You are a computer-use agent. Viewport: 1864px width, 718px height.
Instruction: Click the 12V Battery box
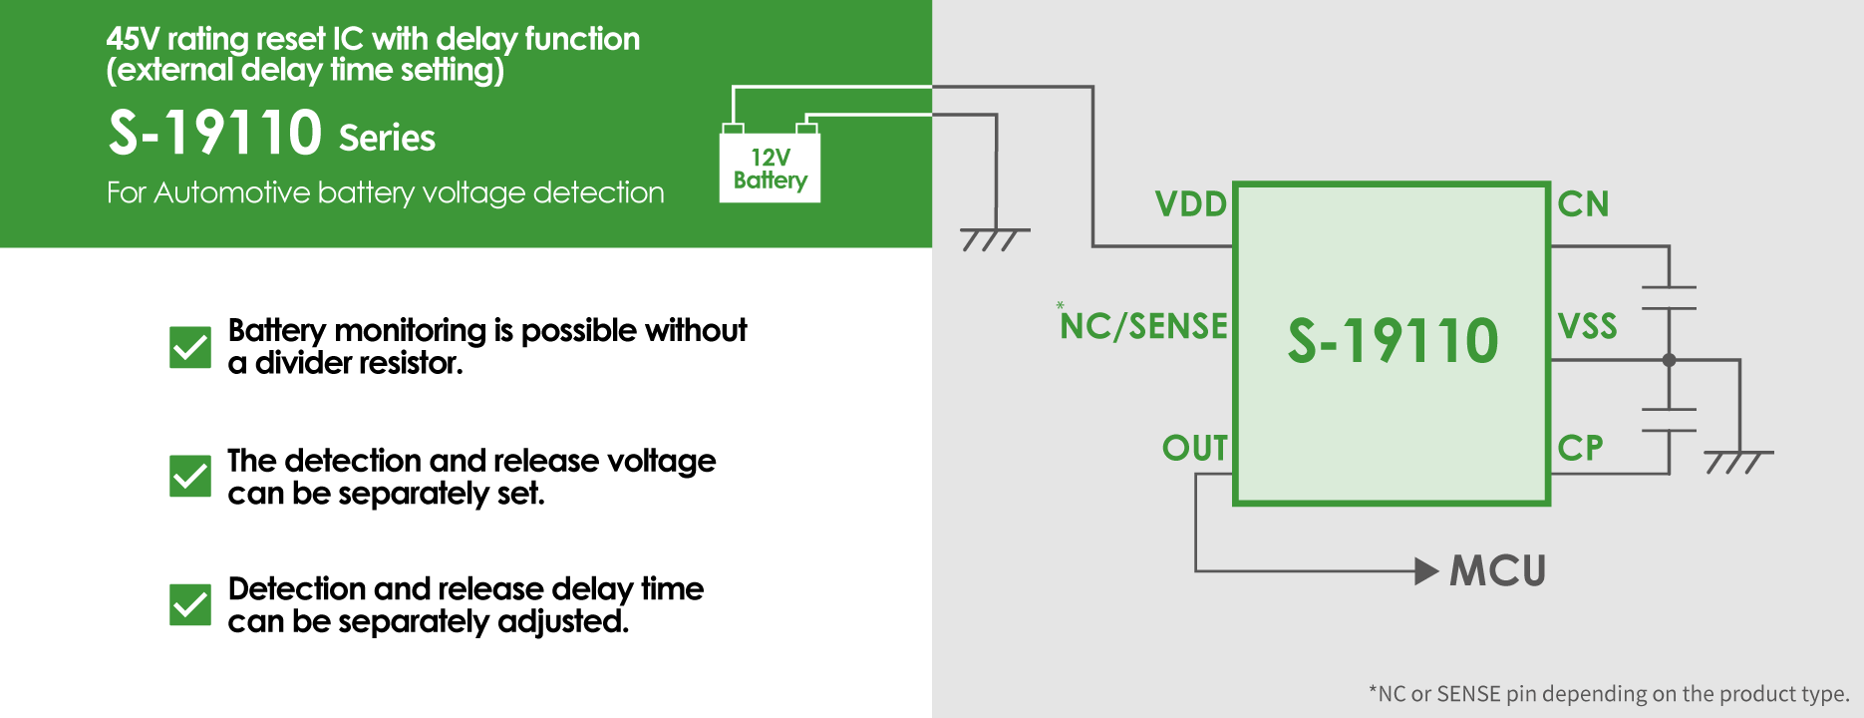coord(770,168)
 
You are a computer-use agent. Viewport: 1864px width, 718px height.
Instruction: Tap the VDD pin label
coord(1190,204)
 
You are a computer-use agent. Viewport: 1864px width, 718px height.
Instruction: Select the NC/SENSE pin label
coord(1144,326)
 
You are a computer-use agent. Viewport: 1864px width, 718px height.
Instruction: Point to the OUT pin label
coord(1194,449)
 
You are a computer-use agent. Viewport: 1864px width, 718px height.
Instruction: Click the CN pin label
coord(1583,204)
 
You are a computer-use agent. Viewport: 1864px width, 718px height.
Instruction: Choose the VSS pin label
coord(1587,326)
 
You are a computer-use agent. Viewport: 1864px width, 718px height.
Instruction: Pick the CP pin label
coord(1580,449)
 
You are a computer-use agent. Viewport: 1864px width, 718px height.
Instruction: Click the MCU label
coord(1497,571)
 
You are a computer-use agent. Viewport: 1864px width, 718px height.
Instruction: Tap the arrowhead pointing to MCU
coord(1426,571)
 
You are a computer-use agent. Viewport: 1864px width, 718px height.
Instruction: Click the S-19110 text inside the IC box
coord(1393,341)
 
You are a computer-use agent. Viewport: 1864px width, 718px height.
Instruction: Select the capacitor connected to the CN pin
coord(1669,297)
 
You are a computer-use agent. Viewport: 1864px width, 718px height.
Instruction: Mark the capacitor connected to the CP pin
coord(1669,420)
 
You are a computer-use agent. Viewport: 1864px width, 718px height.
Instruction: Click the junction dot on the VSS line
coord(1669,360)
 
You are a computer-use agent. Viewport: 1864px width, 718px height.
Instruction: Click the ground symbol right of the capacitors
coord(1738,461)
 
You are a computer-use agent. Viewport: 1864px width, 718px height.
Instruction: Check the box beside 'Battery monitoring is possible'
coord(190,347)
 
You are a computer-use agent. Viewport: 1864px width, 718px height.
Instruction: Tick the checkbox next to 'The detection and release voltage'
coord(190,476)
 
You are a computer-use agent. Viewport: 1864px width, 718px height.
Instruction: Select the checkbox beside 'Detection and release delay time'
coord(190,604)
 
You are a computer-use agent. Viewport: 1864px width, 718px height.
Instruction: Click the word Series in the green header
coord(387,138)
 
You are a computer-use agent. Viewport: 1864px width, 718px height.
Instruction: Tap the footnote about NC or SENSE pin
coord(1608,693)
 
